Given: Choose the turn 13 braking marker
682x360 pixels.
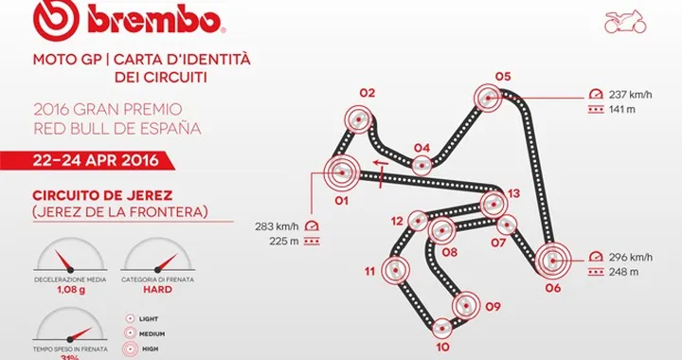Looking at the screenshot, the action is click(491, 204).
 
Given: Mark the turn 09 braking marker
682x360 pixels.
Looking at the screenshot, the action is click(465, 305).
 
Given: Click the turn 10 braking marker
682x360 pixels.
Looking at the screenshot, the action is click(441, 327).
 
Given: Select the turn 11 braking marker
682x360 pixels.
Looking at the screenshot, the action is click(396, 272).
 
